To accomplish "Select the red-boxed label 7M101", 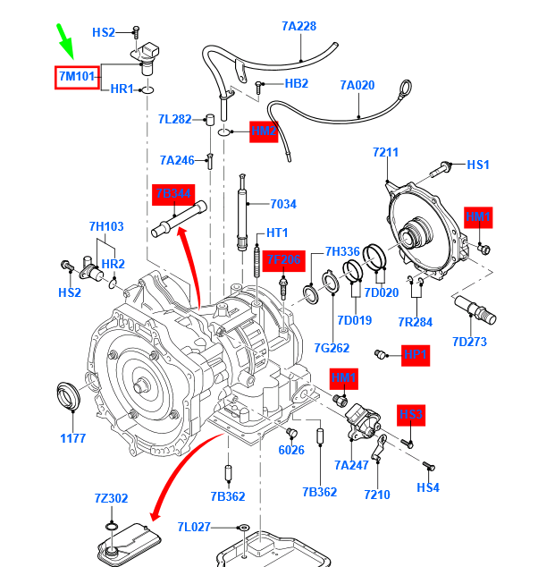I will point(78,77).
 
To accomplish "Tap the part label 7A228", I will point(298,26).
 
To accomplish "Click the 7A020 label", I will point(357,85).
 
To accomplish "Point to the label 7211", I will point(385,153).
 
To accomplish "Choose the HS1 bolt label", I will point(479,165).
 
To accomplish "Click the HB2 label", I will point(296,83).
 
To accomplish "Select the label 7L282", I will point(175,119).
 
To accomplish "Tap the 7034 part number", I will point(283,204).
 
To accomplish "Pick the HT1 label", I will point(278,233).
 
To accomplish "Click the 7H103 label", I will point(106,225).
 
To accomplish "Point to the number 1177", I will point(72,438).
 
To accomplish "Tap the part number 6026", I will point(291,450).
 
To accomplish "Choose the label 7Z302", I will point(111,497).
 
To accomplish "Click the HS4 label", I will point(428,488).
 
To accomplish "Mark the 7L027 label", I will point(193,527).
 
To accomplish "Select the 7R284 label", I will point(415,322).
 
